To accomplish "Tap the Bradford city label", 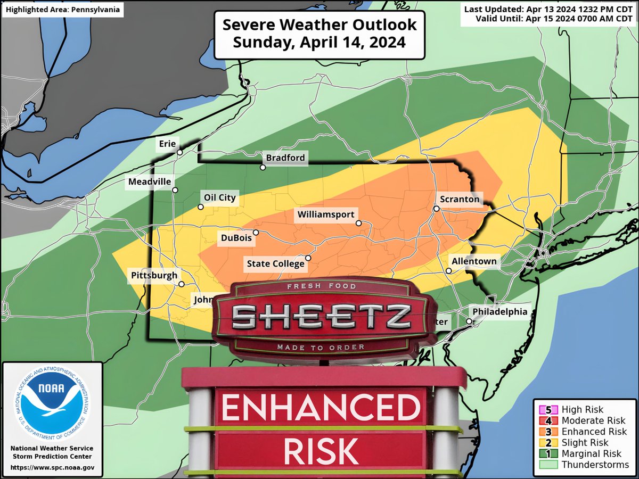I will point(285,158).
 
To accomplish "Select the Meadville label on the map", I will point(150,182).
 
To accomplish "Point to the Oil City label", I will point(219,197).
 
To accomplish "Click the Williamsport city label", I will point(326,214).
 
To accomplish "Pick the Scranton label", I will point(460,200).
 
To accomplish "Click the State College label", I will point(275,263).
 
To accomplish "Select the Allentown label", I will point(474,261).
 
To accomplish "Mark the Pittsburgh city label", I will point(154,275).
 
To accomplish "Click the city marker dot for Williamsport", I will point(359,223).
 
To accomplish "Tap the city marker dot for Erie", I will point(180,152).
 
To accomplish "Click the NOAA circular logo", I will point(52,400).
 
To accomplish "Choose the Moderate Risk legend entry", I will point(580,420).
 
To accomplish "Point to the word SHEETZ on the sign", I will point(321,318).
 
